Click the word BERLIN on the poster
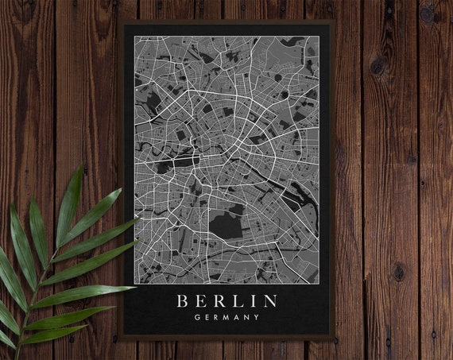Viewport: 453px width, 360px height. [226, 301]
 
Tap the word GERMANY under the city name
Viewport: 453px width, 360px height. [226, 318]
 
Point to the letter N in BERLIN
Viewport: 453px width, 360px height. [270, 301]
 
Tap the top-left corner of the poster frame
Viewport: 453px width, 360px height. [120, 21]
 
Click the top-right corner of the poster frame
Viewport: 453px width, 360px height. [333, 21]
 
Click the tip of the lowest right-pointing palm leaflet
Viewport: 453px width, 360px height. [134, 287]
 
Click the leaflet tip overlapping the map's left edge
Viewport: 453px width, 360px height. [140, 219]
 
